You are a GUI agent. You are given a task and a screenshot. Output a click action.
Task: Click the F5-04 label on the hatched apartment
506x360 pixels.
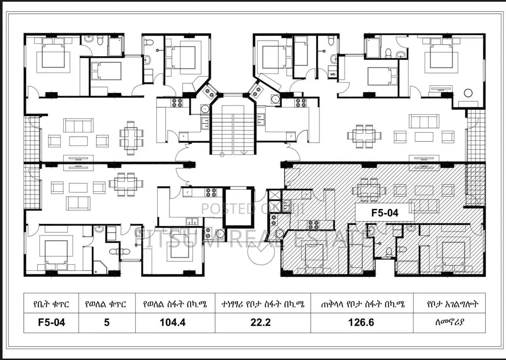tap(385, 213)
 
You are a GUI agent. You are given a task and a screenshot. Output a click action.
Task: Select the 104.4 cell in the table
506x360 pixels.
tap(172, 322)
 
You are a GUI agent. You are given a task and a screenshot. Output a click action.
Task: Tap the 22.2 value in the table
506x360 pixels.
tap(261, 322)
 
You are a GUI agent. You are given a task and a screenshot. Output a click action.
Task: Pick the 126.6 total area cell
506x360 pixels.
tap(361, 322)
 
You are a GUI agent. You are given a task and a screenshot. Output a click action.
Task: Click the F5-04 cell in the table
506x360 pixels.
tap(51, 322)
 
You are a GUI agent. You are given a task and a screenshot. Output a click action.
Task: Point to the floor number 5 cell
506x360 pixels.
tap(107, 322)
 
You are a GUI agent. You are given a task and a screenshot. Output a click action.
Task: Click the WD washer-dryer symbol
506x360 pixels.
tap(332, 74)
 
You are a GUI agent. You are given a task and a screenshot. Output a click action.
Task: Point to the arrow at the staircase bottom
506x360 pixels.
tap(244, 152)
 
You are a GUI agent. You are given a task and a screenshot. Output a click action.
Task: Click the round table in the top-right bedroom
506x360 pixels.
tap(468, 93)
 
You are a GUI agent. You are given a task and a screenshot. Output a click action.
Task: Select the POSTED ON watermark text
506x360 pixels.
tap(233, 209)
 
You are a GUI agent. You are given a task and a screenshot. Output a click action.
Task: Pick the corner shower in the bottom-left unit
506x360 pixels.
tap(100, 267)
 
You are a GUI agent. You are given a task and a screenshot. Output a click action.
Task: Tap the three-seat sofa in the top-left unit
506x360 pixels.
tap(78, 126)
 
